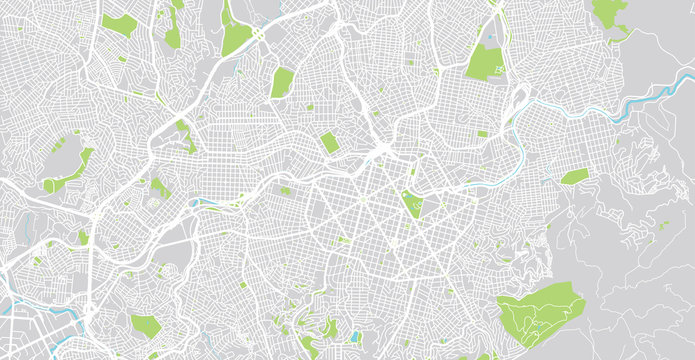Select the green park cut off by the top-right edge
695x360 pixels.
click(x=607, y=12)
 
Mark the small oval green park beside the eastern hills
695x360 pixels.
click(x=574, y=177)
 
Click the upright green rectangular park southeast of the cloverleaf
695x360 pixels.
click(x=282, y=82)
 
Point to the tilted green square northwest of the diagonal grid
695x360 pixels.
click(x=329, y=143)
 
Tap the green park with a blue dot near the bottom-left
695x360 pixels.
click(x=144, y=325)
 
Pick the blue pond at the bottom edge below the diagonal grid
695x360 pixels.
click(x=355, y=337)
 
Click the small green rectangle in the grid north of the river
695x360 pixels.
click(x=483, y=134)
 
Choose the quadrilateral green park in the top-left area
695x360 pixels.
click(x=119, y=24)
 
